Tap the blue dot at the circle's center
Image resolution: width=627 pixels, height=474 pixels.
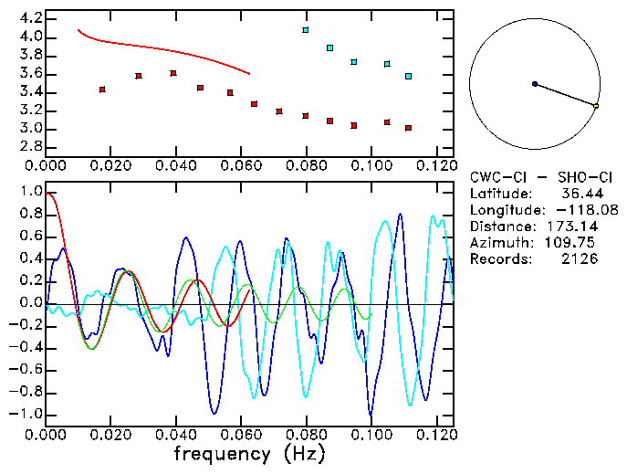(534, 84)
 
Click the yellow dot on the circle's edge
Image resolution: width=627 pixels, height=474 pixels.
(596, 107)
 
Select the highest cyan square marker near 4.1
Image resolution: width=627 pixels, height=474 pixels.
(306, 30)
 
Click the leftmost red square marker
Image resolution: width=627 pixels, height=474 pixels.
(102, 90)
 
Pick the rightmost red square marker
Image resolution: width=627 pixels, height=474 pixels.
(408, 128)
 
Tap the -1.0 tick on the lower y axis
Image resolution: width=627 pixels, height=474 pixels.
(27, 414)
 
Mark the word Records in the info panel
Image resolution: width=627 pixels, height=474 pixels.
(497, 259)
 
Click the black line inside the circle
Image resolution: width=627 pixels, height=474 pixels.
(565, 95)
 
